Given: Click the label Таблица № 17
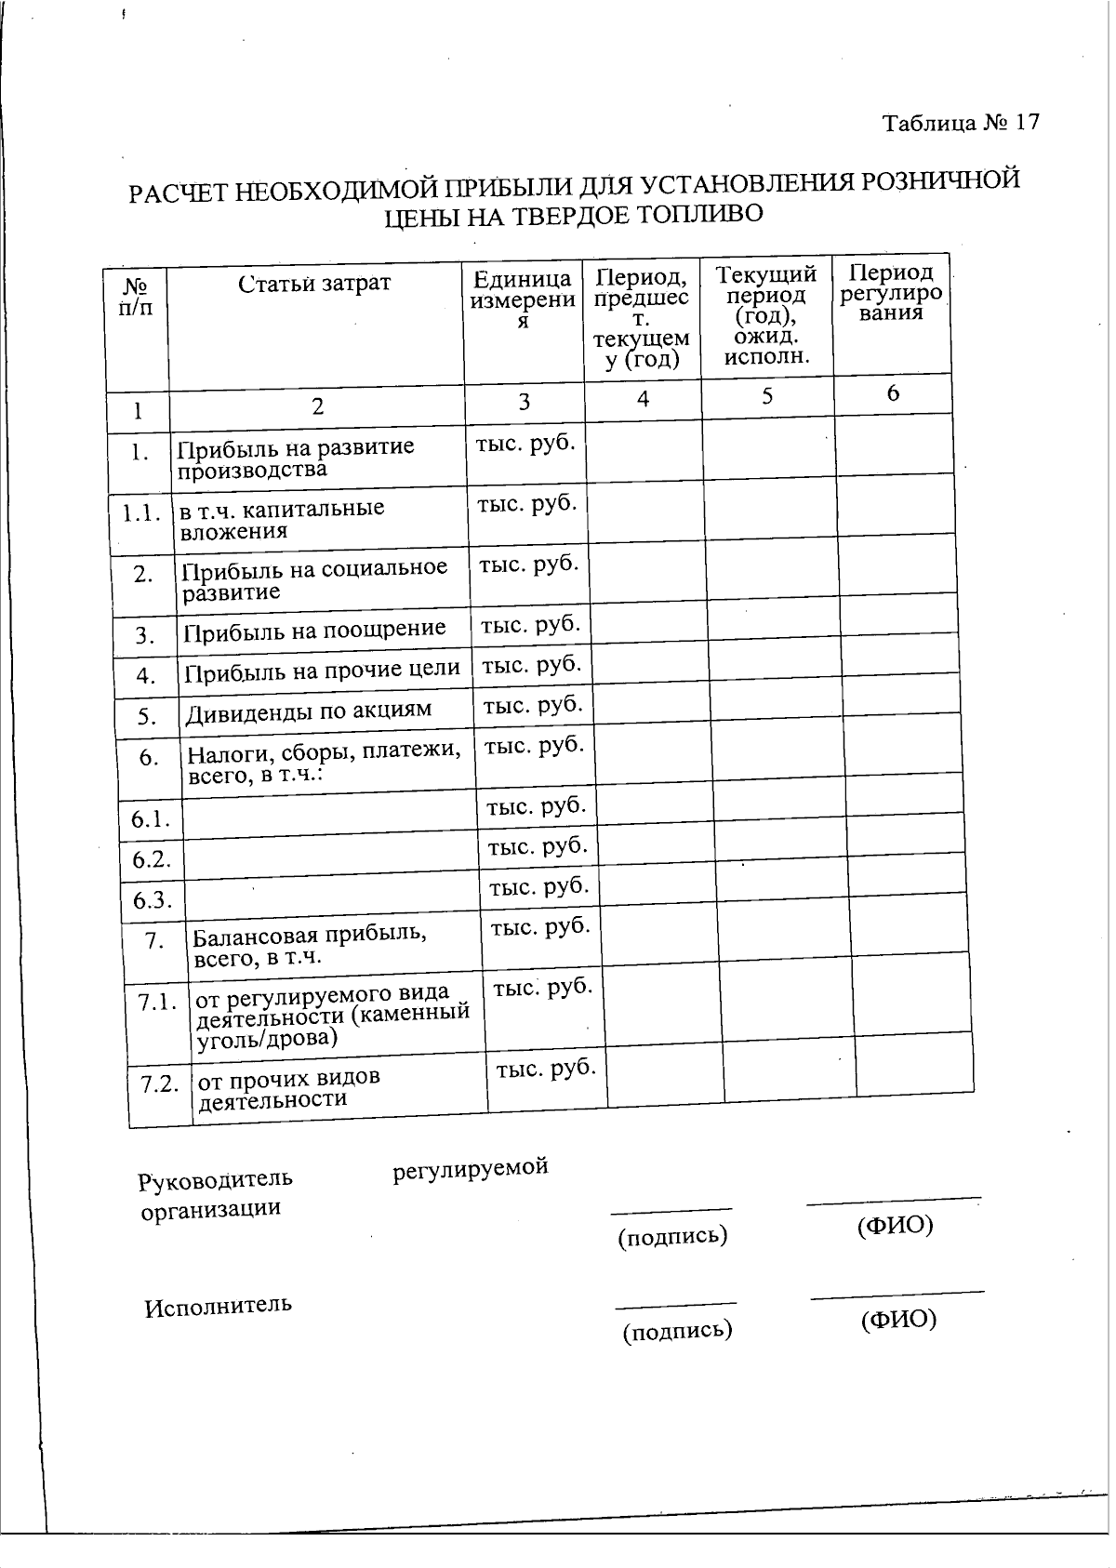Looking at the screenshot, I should pyautogui.click(x=961, y=123).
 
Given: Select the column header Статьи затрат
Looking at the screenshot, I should pyautogui.click(x=314, y=284).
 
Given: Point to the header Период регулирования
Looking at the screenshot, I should pyautogui.click(x=891, y=292).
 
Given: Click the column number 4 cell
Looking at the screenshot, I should pyautogui.click(x=643, y=399).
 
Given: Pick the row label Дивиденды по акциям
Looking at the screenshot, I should pyautogui.click(x=309, y=711).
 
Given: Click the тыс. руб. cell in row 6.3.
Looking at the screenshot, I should pyautogui.click(x=539, y=886).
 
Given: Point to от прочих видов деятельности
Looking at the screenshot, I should pyautogui.click(x=289, y=1088).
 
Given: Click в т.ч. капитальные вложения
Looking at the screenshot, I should pyautogui.click(x=282, y=519).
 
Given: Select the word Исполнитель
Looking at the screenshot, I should pyautogui.click(x=218, y=1306).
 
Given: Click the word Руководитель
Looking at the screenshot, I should pyautogui.click(x=215, y=1180).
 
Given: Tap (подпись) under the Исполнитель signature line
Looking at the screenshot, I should pyautogui.click(x=677, y=1330).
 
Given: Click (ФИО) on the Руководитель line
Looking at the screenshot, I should pyautogui.click(x=894, y=1225).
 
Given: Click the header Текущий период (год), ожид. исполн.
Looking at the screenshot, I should pyautogui.click(x=766, y=313).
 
